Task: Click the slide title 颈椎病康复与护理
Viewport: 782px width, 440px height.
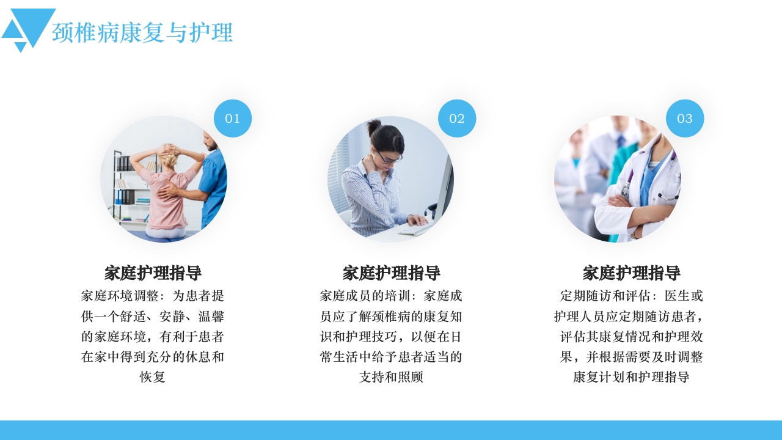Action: click(142, 32)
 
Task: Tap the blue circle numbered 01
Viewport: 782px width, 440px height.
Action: click(233, 119)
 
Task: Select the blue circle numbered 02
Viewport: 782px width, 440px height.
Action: click(457, 119)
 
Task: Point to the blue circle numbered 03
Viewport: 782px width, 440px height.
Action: click(685, 119)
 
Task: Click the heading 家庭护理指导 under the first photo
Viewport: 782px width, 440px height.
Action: click(153, 273)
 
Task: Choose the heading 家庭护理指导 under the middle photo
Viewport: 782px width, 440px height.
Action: click(391, 273)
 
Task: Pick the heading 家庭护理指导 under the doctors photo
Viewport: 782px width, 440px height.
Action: click(631, 273)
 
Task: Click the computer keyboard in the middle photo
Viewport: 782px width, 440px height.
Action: click(415, 229)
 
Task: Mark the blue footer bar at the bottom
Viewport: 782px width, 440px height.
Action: click(391, 430)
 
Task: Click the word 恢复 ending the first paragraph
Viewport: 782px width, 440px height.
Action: click(153, 377)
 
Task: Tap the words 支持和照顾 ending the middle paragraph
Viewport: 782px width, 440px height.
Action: click(391, 377)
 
